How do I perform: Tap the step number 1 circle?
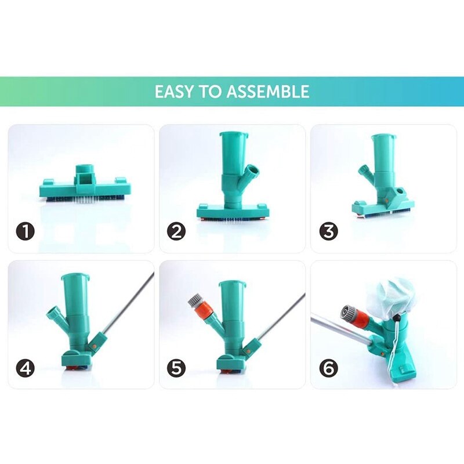(26, 232)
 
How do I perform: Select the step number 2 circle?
(176, 232)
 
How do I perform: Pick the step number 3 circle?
(328, 232)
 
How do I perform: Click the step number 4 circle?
(26, 368)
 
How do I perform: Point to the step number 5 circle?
(176, 368)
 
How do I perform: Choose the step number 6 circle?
(328, 368)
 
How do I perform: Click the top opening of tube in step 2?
(233, 135)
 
